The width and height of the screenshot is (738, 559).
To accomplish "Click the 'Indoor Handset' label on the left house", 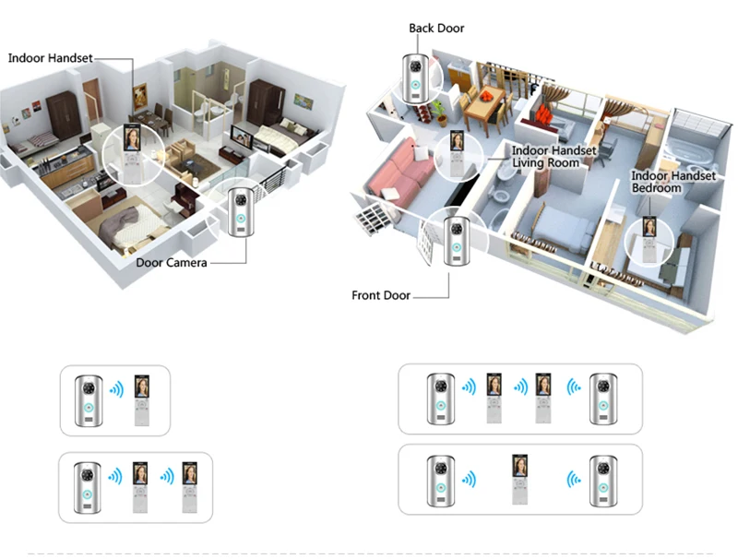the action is tap(51, 58).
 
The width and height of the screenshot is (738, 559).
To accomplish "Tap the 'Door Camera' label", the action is tap(172, 263).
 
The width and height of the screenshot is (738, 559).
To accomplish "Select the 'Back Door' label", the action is tap(436, 29).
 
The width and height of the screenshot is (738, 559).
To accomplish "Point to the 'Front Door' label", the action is tap(380, 296).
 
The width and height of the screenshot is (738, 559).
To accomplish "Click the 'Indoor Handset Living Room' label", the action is tap(553, 157).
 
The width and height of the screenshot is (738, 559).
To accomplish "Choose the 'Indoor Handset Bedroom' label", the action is tap(673, 182).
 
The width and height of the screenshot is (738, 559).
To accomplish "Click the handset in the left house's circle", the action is tap(132, 149).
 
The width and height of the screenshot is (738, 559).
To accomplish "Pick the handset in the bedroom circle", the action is tap(649, 235).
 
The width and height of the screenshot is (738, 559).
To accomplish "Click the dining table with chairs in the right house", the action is tap(480, 106).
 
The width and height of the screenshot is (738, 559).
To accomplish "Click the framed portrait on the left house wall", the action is tap(140, 95).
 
